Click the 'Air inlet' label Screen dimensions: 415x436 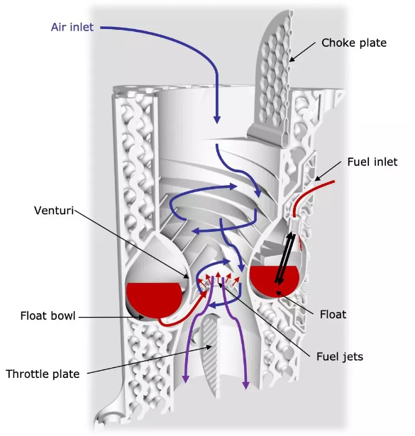72,27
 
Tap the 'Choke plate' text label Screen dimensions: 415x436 354,43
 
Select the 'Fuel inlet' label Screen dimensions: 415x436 372,162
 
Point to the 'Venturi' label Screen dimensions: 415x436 54,211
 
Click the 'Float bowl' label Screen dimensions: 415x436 48,316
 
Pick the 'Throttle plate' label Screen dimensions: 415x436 43,374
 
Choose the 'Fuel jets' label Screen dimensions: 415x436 340,357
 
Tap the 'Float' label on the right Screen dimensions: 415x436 333,315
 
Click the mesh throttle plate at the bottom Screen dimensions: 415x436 211,353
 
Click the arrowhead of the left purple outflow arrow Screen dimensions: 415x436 186,379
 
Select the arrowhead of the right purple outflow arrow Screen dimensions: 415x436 245,384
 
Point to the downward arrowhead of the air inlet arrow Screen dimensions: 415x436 217,119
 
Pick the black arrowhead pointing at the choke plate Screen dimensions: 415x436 292,59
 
